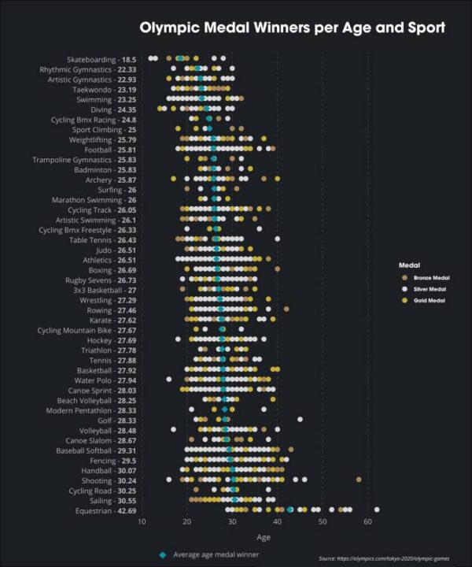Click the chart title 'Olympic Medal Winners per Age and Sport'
tap(292, 28)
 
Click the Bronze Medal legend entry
tap(426, 279)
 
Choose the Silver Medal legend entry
tap(425, 290)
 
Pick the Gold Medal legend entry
tap(423, 301)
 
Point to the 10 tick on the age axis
tap(142, 522)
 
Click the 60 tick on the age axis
tap(368, 522)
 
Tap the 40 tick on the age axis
tap(278, 522)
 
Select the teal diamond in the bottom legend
tap(162, 554)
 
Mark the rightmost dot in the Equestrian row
tap(377, 510)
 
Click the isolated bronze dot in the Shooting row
tap(359, 480)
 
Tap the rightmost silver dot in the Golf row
tap(300, 420)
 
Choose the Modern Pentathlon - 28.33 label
tap(91, 410)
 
